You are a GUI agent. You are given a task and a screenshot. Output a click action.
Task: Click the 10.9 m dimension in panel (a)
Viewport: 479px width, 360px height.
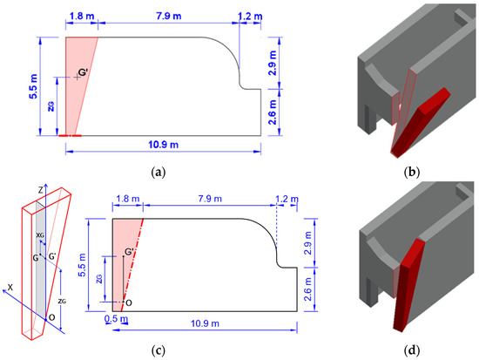[163, 145]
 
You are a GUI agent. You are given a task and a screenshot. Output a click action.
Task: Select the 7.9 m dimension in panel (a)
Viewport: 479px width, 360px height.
[169, 16]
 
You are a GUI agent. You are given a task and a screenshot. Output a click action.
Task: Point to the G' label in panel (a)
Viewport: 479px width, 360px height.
[84, 72]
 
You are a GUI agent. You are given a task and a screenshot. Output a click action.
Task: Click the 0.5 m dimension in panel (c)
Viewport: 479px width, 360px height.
[116, 319]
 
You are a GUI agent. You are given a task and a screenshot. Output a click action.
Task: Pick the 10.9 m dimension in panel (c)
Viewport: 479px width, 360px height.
[205, 323]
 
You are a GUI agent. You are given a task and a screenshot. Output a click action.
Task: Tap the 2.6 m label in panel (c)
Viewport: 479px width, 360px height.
[308, 289]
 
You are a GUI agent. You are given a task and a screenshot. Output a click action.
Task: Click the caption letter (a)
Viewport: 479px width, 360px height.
[159, 173]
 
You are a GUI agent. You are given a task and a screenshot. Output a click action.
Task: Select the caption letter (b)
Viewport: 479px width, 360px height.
[412, 173]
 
